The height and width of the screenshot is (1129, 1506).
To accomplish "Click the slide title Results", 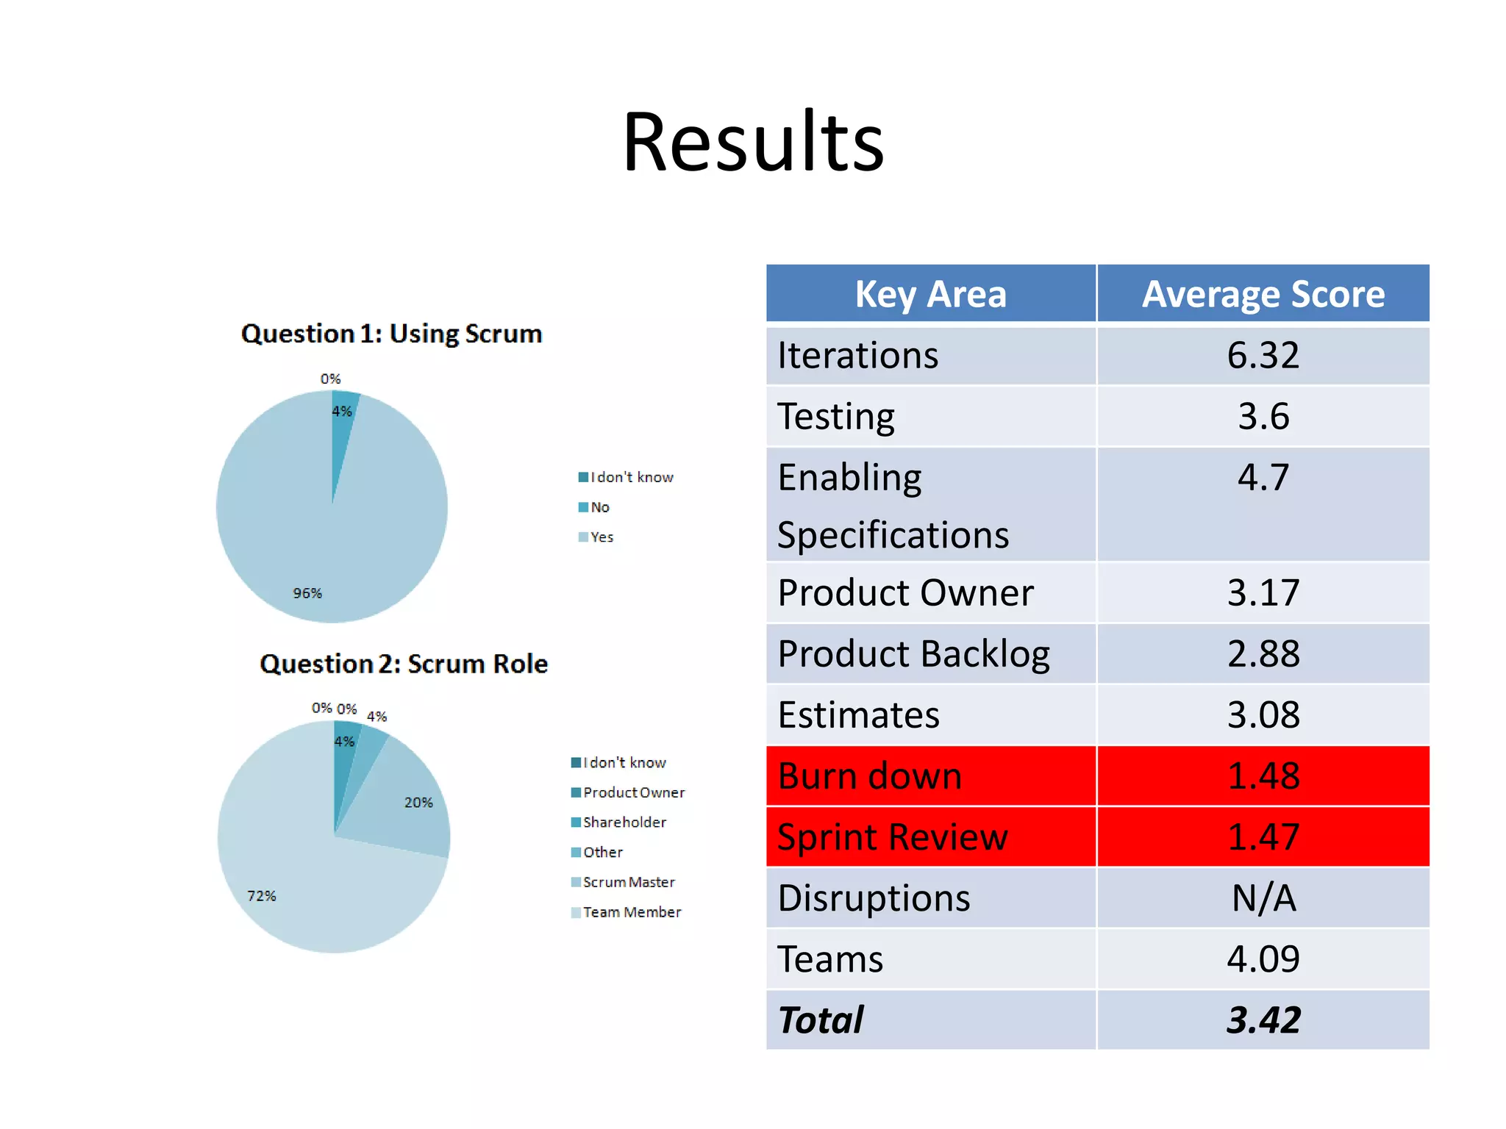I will (x=753, y=142).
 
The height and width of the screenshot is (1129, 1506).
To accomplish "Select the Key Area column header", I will (x=930, y=295).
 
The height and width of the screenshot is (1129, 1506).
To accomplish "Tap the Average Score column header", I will (x=1263, y=295).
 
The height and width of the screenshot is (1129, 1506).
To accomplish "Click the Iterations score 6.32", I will (x=1263, y=356).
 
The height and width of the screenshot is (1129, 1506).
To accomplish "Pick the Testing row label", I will (x=836, y=417).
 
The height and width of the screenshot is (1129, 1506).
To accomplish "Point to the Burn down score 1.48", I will (x=1263, y=776).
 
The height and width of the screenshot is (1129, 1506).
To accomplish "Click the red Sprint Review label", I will (x=892, y=837).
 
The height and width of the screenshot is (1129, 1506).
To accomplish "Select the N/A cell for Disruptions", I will (x=1263, y=898).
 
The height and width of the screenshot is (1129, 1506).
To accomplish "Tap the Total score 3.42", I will (x=1263, y=1020).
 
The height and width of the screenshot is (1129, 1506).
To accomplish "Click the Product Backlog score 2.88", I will (x=1263, y=654).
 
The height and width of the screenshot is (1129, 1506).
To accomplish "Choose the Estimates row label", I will (x=858, y=715).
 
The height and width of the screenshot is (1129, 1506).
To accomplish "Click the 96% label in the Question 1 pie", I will (x=307, y=593).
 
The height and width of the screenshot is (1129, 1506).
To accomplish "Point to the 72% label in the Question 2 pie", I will (x=261, y=896).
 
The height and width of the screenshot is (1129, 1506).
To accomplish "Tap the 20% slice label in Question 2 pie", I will (x=418, y=803).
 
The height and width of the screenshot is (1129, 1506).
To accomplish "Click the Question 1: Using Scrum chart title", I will (x=391, y=334).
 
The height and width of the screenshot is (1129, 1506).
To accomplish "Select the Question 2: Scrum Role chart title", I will (x=403, y=664).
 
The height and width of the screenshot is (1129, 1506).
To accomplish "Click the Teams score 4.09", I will (x=1263, y=959).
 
